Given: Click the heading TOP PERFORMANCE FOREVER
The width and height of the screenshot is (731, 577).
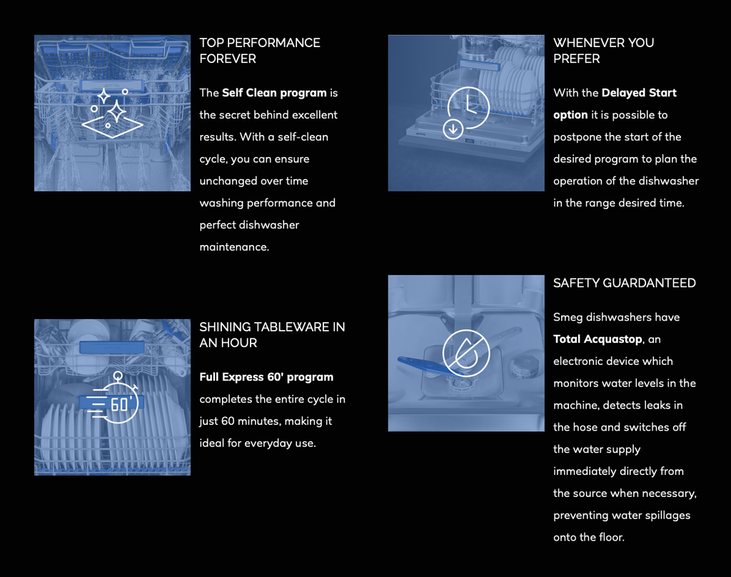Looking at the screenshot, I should point(260,51).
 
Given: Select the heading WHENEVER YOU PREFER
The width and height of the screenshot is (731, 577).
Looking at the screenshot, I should point(603,51).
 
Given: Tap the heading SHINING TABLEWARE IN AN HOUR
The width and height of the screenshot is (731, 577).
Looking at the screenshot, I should point(272,335).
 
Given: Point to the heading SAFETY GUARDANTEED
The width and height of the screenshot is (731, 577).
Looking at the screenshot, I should point(624,284).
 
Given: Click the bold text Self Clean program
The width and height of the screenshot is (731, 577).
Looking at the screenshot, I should point(274,93).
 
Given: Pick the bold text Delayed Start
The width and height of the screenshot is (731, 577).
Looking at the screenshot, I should point(639,93).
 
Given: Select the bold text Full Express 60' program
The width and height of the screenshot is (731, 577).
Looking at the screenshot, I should point(266,377).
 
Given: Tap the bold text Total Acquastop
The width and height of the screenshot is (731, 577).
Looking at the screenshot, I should point(598,339).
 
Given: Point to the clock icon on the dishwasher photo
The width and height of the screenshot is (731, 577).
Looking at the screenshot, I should point(469,106).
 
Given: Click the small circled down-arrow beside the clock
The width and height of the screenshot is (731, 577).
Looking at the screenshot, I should point(453,129).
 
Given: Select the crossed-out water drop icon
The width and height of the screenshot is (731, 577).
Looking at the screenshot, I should point(466,353).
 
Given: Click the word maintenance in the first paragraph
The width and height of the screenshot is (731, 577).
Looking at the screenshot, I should point(234,247).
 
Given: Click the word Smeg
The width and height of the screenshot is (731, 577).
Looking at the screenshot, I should point(568,317).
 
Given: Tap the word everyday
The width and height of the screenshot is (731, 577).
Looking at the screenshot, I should point(268,443).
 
